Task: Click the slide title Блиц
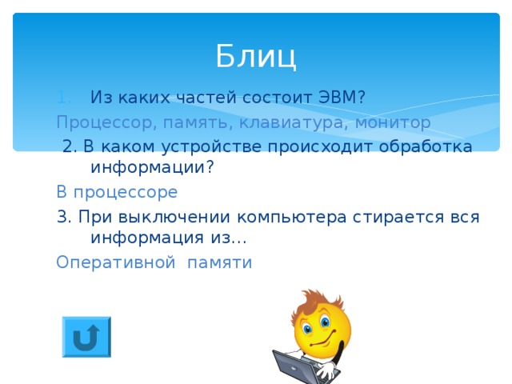click(x=255, y=56)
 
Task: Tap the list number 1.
click(x=65, y=98)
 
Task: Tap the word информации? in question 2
click(x=152, y=168)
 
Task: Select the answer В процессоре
click(x=117, y=193)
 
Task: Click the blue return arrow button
click(x=86, y=337)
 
